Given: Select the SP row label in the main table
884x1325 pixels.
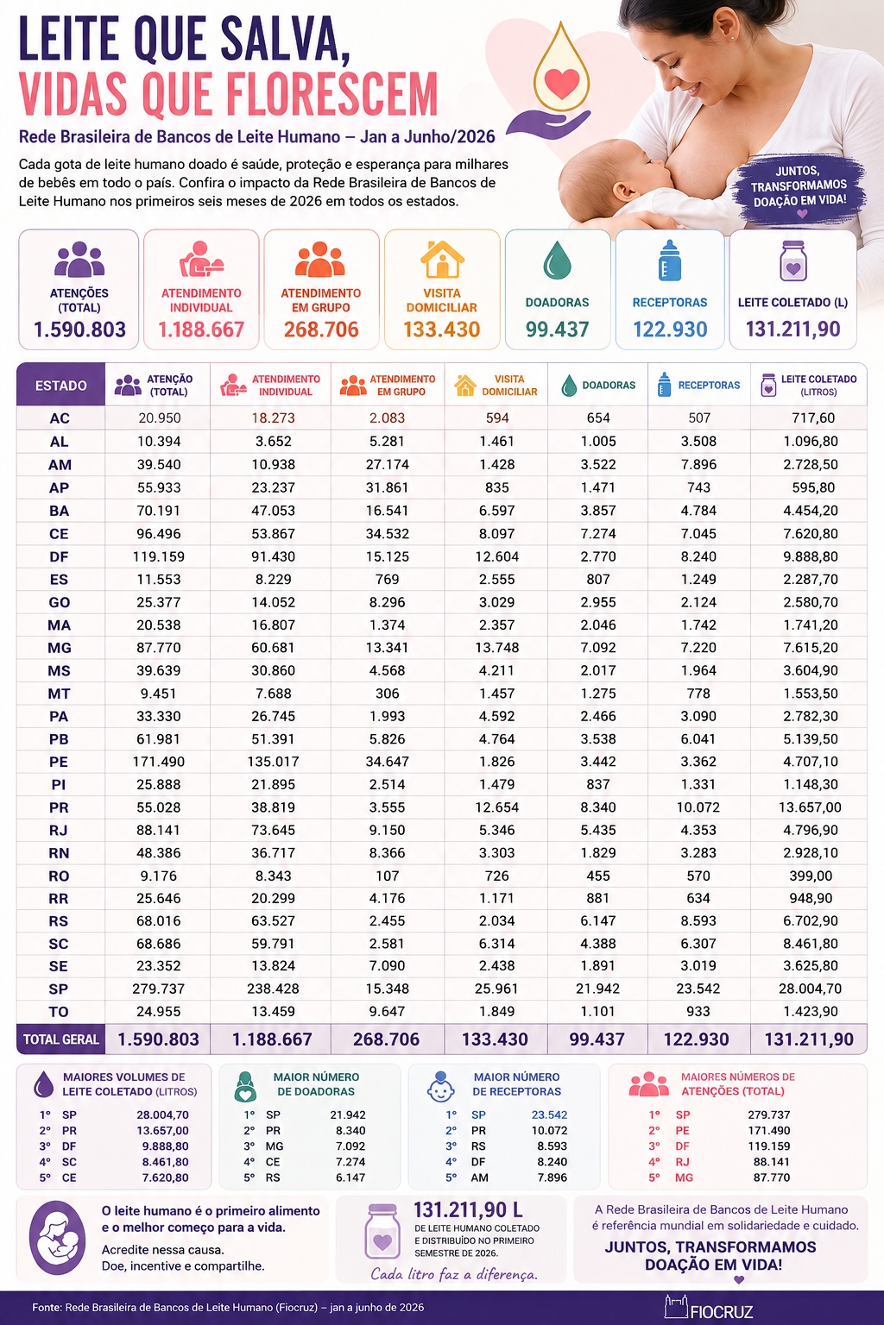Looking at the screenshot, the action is point(59,989).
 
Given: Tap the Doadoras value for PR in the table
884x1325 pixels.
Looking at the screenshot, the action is point(598,807).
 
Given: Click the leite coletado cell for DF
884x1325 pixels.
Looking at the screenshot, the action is point(811,556).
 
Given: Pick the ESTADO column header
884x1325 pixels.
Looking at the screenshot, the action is point(61,386).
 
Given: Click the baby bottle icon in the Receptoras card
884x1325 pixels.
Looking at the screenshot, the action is point(670,261).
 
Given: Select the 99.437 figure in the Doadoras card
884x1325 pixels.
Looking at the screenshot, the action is point(557,330).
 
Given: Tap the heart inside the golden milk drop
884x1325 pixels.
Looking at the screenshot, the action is point(562,84).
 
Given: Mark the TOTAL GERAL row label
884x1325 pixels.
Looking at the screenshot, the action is point(61,1039).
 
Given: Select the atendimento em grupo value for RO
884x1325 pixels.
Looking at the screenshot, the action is point(388,876).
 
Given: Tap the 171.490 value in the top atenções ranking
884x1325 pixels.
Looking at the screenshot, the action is point(768,1130).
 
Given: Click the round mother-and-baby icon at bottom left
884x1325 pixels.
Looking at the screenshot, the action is point(58,1238).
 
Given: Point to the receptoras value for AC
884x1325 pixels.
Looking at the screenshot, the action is point(699,418).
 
